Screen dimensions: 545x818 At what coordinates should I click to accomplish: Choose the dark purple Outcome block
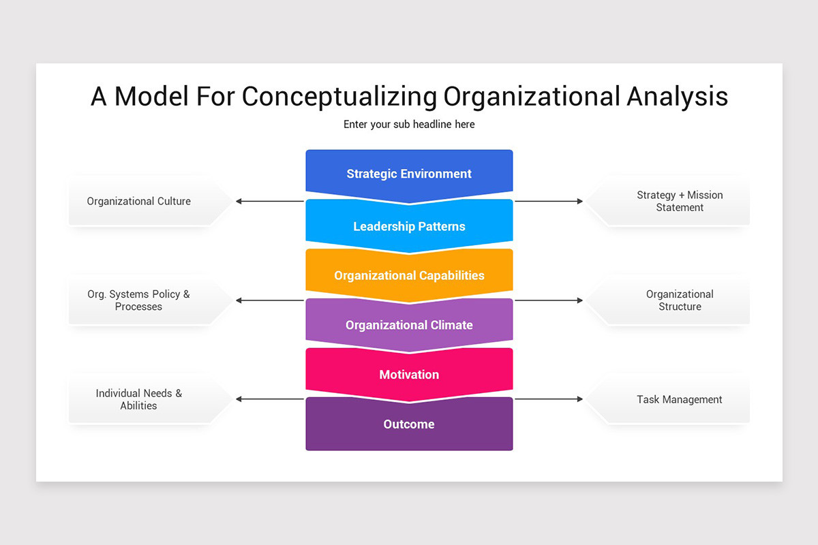[x=409, y=424]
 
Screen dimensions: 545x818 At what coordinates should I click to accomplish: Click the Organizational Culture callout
[x=139, y=202]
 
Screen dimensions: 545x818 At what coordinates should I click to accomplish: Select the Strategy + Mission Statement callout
[x=679, y=202]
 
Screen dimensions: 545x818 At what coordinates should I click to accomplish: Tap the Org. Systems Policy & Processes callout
[x=139, y=300]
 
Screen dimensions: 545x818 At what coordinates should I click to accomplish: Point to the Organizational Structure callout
[x=679, y=300]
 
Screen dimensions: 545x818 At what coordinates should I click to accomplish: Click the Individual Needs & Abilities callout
[x=139, y=399]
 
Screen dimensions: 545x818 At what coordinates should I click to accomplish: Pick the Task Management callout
[x=679, y=400]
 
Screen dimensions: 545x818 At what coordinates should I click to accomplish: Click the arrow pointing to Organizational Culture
[x=270, y=201]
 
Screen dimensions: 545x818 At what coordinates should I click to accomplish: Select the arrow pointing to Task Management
[x=549, y=399]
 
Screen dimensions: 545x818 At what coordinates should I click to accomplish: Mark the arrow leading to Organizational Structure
[x=549, y=300]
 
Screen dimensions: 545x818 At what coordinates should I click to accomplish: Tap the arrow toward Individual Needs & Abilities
[x=270, y=399]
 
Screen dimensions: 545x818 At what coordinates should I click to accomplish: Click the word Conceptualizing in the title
[x=339, y=97]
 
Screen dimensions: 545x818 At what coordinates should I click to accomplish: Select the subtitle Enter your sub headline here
[x=409, y=125]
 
